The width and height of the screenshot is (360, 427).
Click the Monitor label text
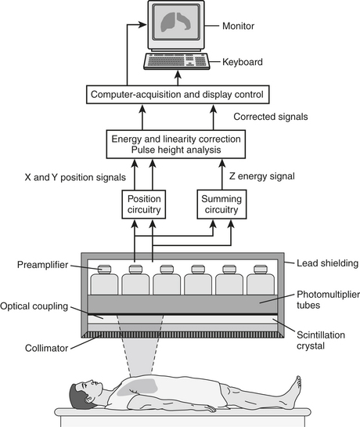pos(238,26)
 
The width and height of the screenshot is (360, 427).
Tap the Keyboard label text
pos(243,62)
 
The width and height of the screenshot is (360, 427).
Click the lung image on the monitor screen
pos(176,22)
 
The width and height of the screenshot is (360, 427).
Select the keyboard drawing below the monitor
pos(177,61)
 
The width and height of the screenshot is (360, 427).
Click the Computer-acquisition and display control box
pos(178,95)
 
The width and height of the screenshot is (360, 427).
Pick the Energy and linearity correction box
pos(176,144)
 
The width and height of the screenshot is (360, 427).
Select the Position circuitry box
pos(144,204)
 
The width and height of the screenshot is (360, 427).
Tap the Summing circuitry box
pos(221,204)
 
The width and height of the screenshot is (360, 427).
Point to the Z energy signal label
pos(261,176)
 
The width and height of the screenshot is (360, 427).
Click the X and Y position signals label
pos(75,178)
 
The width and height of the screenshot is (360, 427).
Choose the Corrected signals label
pos(271,117)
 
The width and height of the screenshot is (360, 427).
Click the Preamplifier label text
pos(42,265)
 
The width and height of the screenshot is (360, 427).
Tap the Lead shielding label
pos(327,263)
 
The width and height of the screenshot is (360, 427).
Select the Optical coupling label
pos(34,306)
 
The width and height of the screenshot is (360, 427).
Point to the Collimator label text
pos(46,349)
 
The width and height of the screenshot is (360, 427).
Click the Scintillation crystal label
pos(321,340)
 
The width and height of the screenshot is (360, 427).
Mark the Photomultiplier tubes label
pos(328,300)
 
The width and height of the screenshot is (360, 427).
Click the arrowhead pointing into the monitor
pos(142,24)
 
